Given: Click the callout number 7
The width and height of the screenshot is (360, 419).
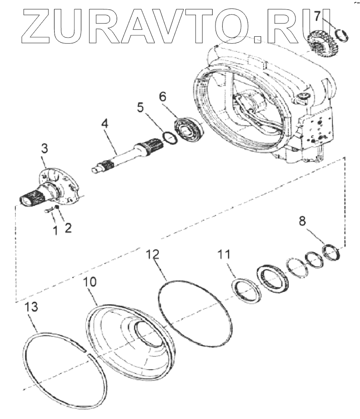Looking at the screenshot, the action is point(318,16).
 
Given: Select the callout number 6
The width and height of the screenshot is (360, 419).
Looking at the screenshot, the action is point(162,97).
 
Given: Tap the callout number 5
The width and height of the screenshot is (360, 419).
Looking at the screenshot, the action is point(140,107).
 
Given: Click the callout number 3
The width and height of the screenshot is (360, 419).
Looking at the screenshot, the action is point(44,149).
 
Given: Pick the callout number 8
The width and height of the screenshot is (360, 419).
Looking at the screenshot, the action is point(302,220).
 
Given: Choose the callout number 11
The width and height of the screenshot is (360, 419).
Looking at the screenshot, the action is point(224,255).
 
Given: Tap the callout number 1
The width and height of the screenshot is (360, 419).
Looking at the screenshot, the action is point(55,230).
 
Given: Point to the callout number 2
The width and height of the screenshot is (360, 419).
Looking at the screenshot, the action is point(68,228).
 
